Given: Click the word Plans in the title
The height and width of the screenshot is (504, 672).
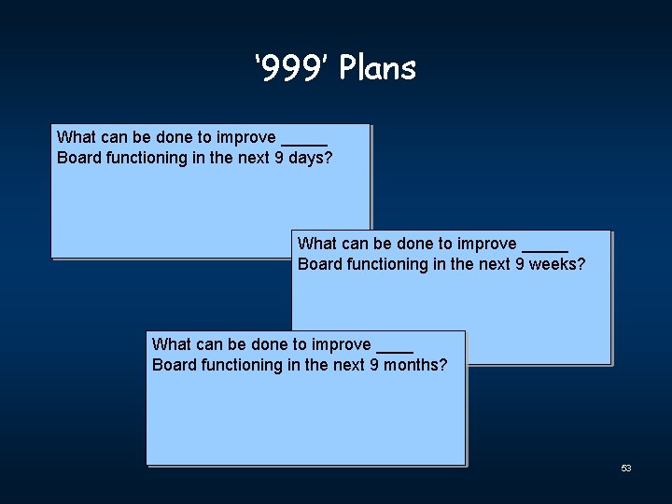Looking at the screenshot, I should point(378,68).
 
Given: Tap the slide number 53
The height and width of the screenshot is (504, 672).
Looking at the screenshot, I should point(626,468).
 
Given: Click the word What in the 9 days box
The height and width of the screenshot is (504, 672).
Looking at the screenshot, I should point(75,137).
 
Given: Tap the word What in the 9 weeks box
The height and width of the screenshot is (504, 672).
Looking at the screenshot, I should point(315,244).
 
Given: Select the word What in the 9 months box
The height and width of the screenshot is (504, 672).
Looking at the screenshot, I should point(170,344).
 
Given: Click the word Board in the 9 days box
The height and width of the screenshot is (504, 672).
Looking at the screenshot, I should point(79,158).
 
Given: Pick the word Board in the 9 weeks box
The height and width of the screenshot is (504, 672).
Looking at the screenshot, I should point(320,264).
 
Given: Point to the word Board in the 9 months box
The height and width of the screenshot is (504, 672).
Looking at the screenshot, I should point(175,365).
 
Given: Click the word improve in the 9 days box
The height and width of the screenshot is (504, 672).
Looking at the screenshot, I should point(246,137).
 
